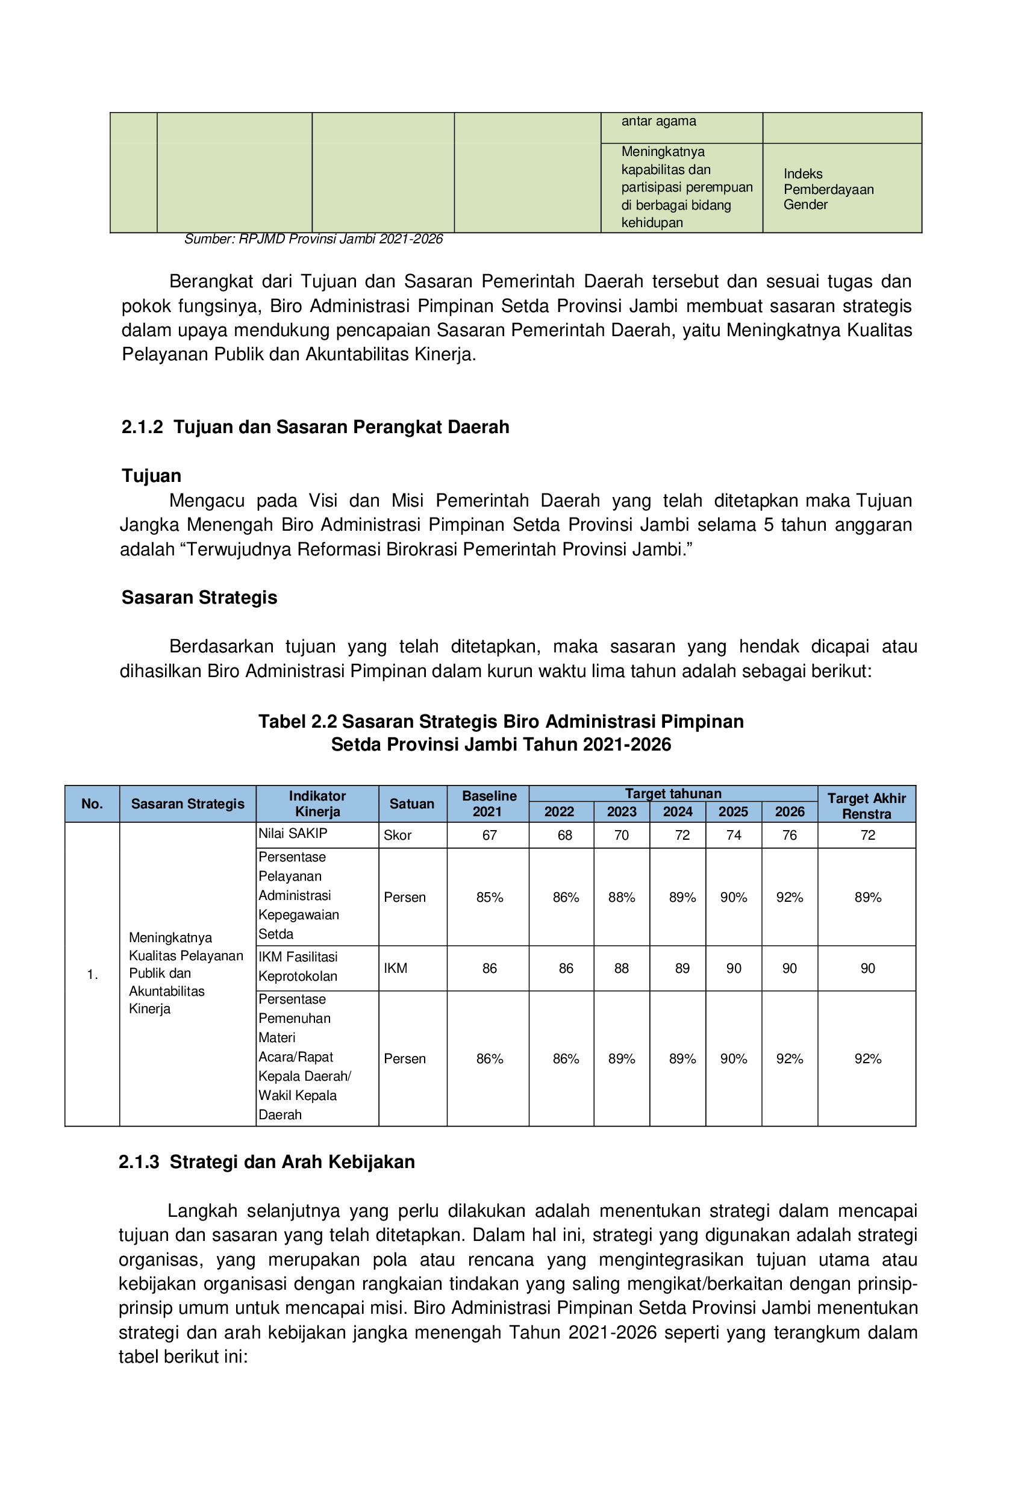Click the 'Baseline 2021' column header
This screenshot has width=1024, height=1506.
489,804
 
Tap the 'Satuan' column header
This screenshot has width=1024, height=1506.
411,804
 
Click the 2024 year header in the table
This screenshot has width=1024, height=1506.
677,811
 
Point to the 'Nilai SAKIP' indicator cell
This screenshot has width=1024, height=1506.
293,833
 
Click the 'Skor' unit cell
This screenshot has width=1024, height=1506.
398,836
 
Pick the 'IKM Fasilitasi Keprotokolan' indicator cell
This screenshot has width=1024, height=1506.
298,966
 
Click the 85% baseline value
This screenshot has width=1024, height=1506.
489,898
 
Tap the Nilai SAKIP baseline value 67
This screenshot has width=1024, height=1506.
489,836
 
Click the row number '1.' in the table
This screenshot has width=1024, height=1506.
92,975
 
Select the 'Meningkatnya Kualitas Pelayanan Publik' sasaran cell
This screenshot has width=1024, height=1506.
186,973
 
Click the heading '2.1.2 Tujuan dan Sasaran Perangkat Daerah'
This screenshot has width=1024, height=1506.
315,427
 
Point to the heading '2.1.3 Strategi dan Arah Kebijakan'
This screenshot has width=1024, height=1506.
266,1162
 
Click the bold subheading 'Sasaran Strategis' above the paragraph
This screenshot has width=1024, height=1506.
199,598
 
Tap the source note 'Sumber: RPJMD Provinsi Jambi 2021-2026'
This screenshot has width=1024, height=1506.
313,239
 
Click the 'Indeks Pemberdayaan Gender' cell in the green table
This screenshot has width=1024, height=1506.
828,189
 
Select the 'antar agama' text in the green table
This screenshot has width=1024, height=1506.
658,121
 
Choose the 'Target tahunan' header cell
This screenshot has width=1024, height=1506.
673,793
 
